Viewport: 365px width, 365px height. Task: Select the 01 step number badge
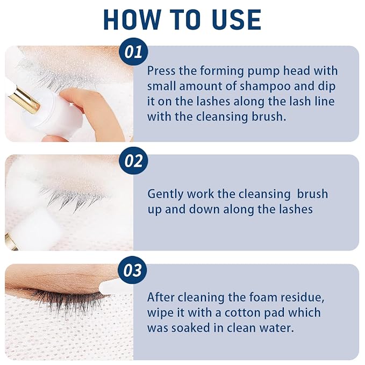(133, 52)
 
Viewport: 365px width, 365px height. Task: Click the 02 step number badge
(133, 161)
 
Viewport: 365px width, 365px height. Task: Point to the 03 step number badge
(133, 270)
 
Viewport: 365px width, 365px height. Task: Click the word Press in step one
(161, 71)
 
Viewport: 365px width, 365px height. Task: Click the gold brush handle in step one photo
(23, 99)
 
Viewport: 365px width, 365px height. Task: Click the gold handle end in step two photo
(10, 242)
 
